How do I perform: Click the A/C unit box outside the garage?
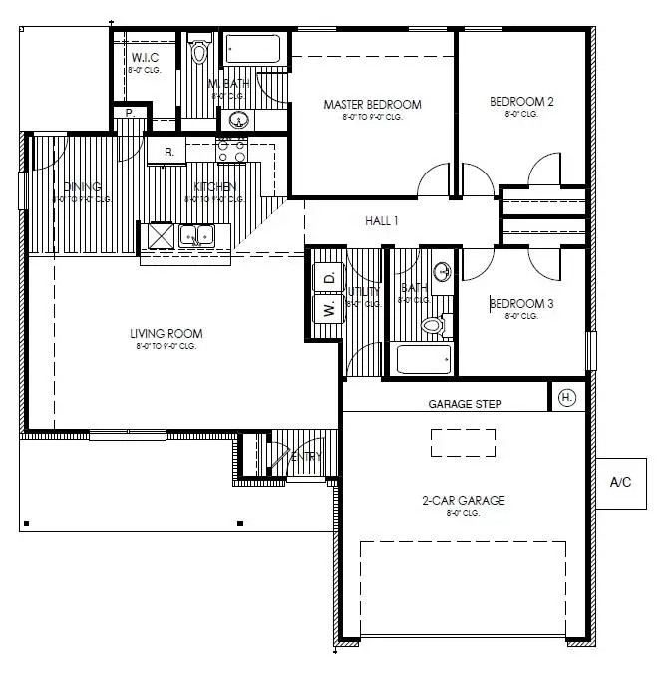pos(620,482)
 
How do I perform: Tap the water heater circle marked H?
pos(566,397)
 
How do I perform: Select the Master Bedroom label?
pos(372,104)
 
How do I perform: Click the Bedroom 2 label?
pos(521,102)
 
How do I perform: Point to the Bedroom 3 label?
pos(517,303)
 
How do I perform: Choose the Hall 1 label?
pos(381,221)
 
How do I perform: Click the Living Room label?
pos(166,334)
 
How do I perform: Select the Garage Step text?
pos(465,404)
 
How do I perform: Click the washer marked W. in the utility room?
pos(327,309)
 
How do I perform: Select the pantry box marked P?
pos(129,114)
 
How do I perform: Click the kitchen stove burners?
pos(232,150)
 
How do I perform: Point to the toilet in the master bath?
pos(200,52)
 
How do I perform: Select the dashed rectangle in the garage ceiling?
pos(463,442)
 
